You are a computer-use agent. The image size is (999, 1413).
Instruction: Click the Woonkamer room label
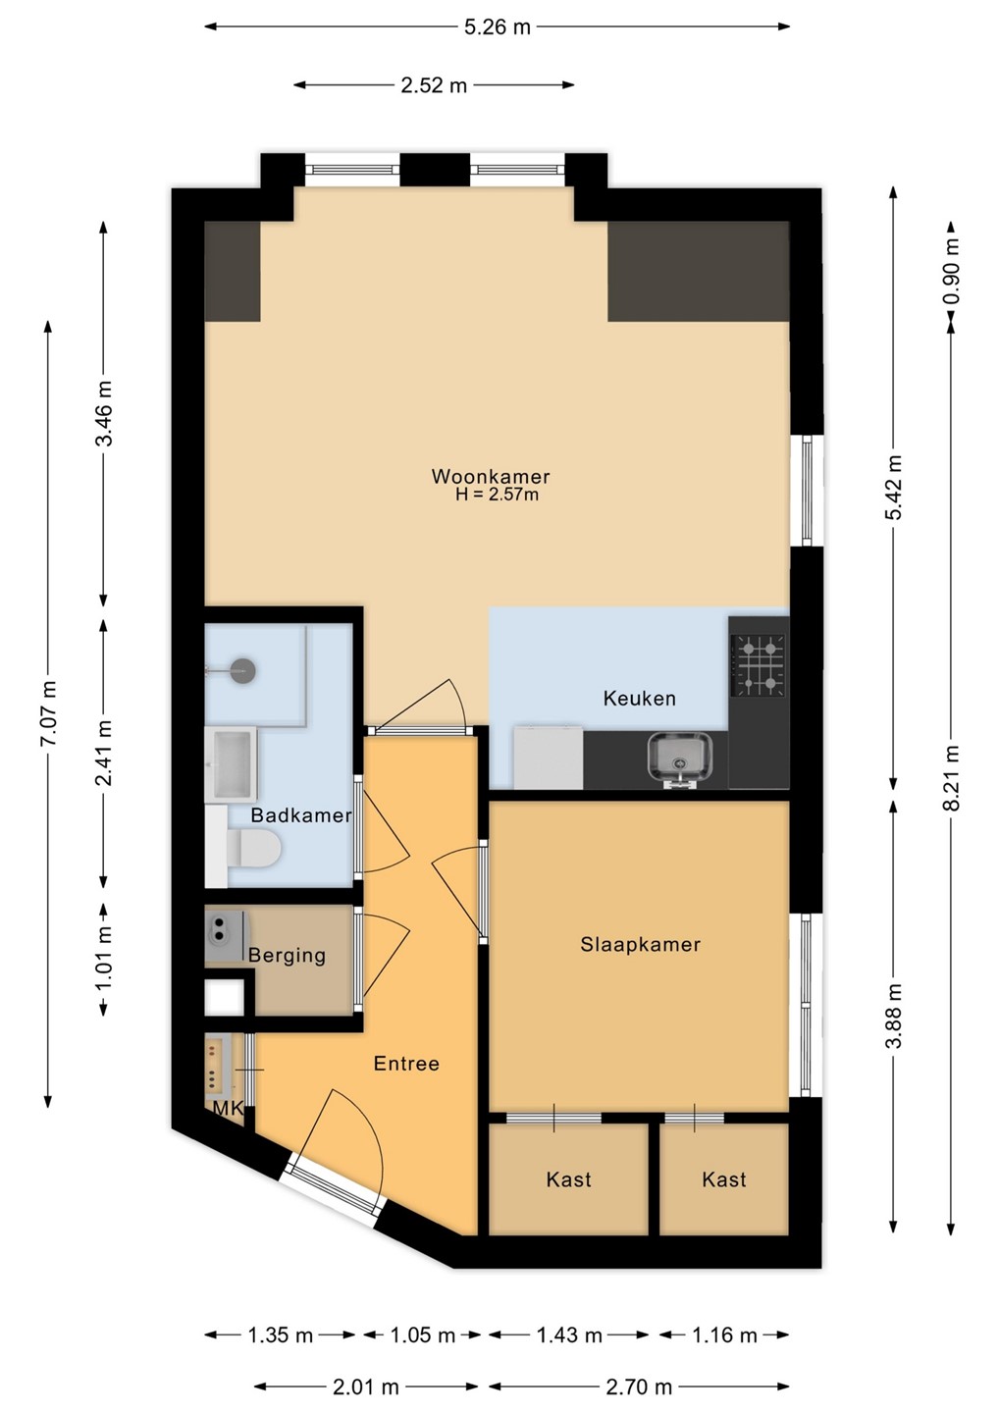tap(490, 476)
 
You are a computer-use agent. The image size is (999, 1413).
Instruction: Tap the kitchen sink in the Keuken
tap(680, 758)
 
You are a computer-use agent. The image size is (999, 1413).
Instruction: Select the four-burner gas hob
tap(758, 665)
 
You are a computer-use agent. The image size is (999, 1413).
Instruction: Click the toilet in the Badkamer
tap(253, 848)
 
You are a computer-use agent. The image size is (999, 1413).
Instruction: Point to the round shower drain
tap(242, 670)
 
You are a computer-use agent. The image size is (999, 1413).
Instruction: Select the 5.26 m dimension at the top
tap(498, 27)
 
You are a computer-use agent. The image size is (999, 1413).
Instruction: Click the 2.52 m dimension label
tap(434, 85)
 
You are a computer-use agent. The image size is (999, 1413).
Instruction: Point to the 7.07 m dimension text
tap(49, 712)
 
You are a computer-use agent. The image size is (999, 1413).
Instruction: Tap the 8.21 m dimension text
tap(951, 778)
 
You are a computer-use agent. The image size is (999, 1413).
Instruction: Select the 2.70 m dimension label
tap(638, 1387)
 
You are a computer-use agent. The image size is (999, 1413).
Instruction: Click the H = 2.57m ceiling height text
tap(497, 495)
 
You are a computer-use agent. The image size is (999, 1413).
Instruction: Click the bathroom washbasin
tap(231, 764)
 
